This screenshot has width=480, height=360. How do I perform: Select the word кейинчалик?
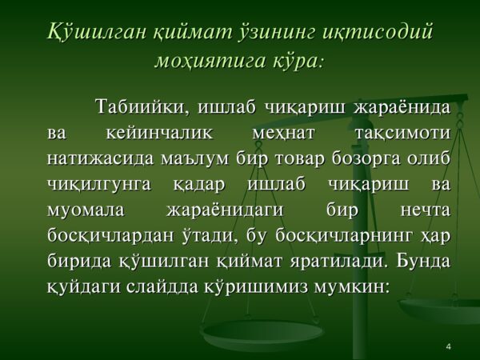(159, 134)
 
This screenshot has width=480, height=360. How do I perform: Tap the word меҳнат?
(283, 134)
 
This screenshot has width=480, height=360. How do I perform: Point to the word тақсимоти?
(402, 134)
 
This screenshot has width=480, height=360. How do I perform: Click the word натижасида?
(100, 159)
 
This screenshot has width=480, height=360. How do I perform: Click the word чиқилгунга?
(99, 186)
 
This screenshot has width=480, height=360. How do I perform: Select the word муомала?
(86, 211)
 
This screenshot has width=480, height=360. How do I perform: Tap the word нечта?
(426, 211)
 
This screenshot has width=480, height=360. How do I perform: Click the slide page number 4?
(449, 346)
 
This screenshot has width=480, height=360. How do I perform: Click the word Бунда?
(424, 262)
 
